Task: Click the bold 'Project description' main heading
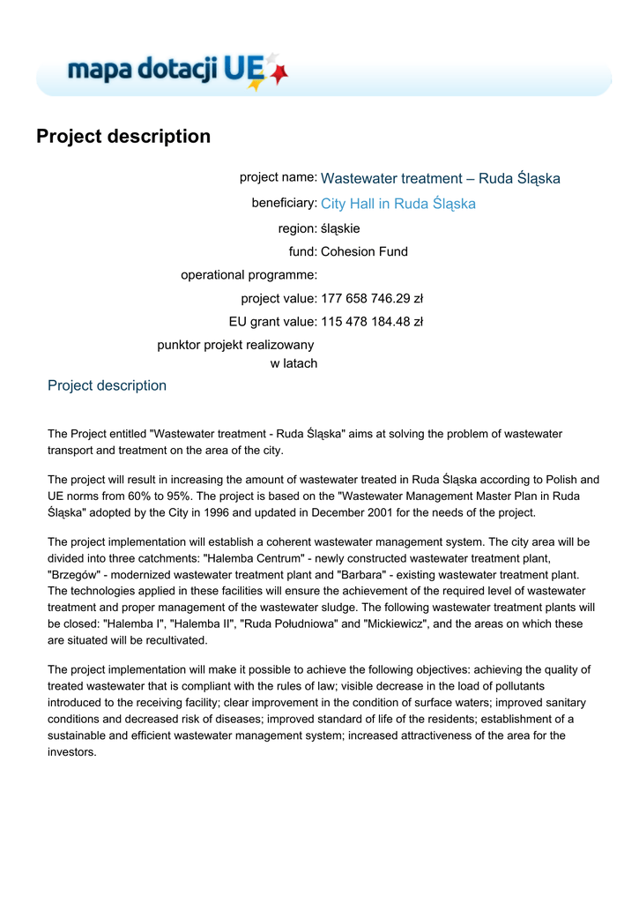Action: (123, 137)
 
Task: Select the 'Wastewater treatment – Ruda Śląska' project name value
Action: (440, 179)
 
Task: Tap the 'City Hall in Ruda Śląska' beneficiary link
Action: (398, 205)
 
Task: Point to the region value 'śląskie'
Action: (340, 228)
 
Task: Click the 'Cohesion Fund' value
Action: (364, 251)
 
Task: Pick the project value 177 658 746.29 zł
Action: (372, 298)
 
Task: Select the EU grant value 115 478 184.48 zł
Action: (372, 321)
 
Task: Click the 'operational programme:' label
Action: (249, 275)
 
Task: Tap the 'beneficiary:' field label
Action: (284, 203)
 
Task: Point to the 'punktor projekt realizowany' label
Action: (235, 344)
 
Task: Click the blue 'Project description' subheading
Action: (107, 385)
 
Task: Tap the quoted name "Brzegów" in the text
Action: (73, 574)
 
